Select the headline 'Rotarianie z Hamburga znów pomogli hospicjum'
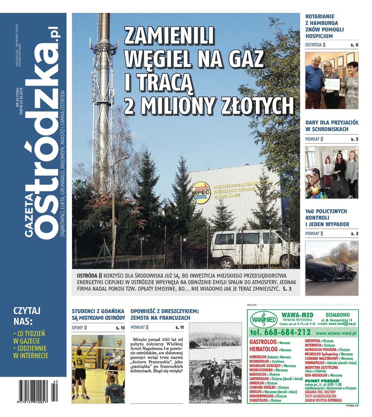click(x=324, y=26)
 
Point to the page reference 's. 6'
click(x=354, y=45)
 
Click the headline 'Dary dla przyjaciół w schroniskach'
click(x=332, y=126)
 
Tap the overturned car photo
click(x=332, y=268)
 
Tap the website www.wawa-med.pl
click(x=337, y=333)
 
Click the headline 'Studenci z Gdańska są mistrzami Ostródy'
click(x=98, y=314)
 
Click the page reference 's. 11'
click(x=179, y=327)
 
